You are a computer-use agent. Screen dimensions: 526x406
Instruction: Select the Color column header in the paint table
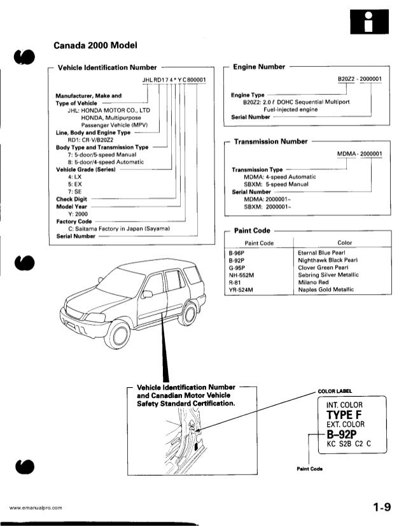(345, 243)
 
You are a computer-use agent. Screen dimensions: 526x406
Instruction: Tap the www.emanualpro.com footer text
(35, 508)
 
